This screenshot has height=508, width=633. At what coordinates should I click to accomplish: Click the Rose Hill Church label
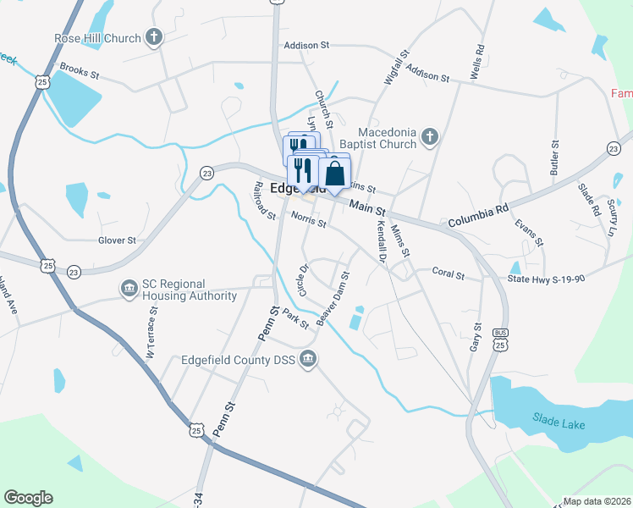pos(96,39)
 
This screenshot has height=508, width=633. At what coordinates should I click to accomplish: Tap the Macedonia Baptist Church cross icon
pos(430,135)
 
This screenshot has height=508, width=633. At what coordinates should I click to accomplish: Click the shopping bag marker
pos(335,174)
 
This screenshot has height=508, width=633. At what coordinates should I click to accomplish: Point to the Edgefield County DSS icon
pos(309,359)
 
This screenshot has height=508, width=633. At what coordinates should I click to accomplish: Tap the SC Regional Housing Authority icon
pos(129,289)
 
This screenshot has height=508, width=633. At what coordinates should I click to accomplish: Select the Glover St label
pos(117,240)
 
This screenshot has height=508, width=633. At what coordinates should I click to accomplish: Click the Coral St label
pos(449,275)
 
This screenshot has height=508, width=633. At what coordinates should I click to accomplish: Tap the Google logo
pos(28,498)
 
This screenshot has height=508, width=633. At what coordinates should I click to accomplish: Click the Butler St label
pos(555,157)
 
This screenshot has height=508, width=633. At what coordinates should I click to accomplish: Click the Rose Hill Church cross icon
pos(153,37)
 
